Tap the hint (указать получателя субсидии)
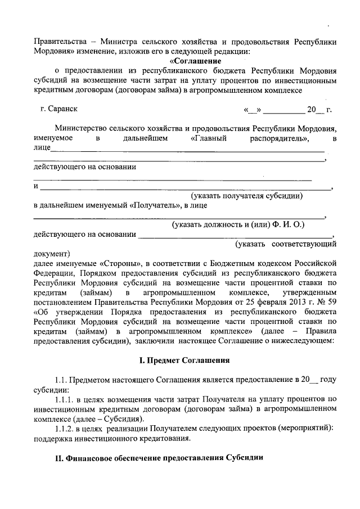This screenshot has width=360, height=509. coord(247,196)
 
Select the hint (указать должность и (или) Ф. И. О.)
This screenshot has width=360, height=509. coord(238,224)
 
